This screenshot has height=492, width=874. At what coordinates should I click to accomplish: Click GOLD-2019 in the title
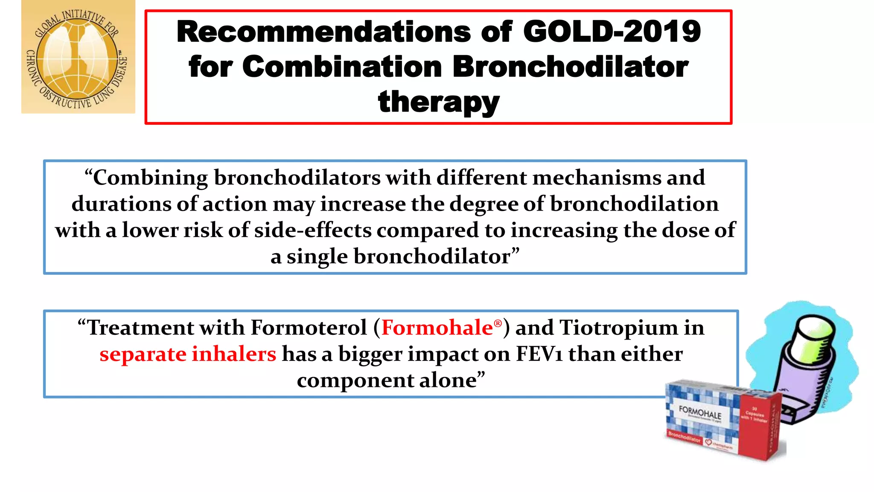[x=612, y=32]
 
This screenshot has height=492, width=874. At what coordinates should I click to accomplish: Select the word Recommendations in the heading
[x=323, y=32]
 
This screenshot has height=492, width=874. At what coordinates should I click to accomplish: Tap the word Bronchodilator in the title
[x=570, y=67]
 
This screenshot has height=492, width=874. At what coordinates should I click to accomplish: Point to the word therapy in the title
[x=438, y=102]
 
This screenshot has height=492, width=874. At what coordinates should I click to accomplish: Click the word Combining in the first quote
[x=150, y=178]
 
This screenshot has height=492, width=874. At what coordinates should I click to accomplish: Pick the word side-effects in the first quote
[x=313, y=231]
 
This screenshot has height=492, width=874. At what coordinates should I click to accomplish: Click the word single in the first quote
[x=317, y=257]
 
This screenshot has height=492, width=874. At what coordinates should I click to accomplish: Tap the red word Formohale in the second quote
[x=437, y=328]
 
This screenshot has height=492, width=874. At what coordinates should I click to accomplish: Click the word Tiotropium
[x=618, y=328]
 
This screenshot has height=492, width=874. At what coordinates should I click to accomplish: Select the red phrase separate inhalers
[x=188, y=354]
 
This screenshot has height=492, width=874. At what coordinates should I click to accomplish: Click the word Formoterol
[x=309, y=328]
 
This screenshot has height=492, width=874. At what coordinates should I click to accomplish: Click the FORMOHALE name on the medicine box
[x=700, y=413]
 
